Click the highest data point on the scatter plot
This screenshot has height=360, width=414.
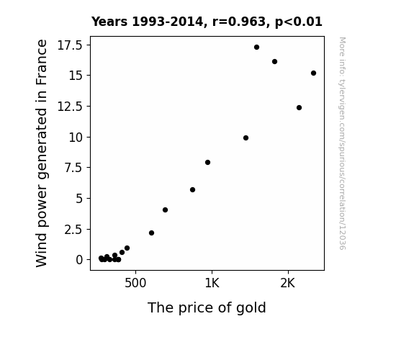click(256, 48)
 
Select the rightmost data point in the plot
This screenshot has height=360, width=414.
click(313, 73)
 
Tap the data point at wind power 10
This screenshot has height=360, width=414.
click(246, 138)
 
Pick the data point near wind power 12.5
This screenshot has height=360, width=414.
click(299, 108)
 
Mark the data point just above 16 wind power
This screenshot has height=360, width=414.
click(274, 61)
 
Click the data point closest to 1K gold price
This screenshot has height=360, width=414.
click(208, 163)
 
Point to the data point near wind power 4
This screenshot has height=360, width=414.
click(166, 210)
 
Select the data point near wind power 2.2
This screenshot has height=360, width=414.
click(151, 233)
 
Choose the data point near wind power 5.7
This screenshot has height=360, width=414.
click(192, 190)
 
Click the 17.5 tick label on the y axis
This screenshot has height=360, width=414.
click(70, 45)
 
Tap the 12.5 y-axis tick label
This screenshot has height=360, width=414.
click(70, 107)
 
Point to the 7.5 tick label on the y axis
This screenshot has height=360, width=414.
click(73, 168)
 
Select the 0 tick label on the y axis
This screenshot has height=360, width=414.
click(79, 260)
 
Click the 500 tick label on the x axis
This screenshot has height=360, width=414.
click(135, 283)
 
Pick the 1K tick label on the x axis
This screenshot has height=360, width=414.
click(212, 283)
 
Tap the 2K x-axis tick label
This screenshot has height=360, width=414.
click(288, 283)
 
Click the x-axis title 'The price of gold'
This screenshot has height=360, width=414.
click(207, 307)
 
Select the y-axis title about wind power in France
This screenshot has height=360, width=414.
click(42, 153)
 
